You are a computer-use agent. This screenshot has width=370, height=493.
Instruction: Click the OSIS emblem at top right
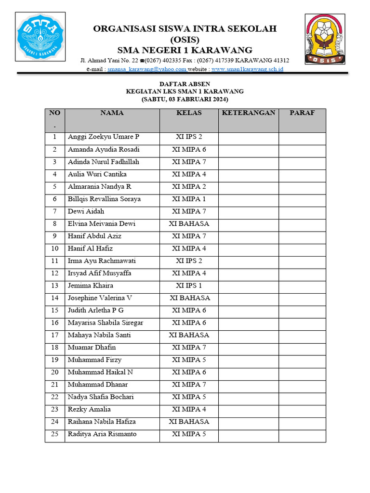point(325,39)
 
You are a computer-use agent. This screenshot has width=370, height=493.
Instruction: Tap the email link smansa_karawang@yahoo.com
point(147,69)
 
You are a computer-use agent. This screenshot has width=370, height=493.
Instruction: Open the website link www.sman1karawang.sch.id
point(247,69)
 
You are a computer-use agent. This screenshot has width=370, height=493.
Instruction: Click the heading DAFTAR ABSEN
point(185,83)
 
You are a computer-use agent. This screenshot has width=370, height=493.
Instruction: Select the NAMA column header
point(112,113)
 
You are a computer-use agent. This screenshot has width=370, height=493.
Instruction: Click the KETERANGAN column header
point(248,113)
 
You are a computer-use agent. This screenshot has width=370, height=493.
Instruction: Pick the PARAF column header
point(302,113)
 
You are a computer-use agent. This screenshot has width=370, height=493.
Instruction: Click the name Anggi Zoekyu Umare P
point(103,137)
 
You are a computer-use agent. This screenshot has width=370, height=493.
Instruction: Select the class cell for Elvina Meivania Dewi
point(189,224)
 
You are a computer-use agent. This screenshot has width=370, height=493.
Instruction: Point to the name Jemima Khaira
point(91,286)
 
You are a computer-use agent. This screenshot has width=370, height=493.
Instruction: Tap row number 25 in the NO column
point(55,434)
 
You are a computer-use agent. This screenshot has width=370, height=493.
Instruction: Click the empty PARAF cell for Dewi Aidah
point(302,212)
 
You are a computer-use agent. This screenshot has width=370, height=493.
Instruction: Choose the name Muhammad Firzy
point(94,360)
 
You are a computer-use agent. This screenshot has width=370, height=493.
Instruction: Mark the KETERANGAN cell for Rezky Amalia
point(248,410)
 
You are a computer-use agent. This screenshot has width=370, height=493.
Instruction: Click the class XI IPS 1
point(189,286)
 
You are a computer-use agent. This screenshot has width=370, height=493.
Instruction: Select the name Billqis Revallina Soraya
point(104,199)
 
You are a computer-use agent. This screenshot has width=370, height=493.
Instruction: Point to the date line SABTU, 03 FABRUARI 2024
point(185,99)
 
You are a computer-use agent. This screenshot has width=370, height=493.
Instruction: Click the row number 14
point(55,298)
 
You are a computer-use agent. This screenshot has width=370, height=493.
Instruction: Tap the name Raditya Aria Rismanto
point(102,434)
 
